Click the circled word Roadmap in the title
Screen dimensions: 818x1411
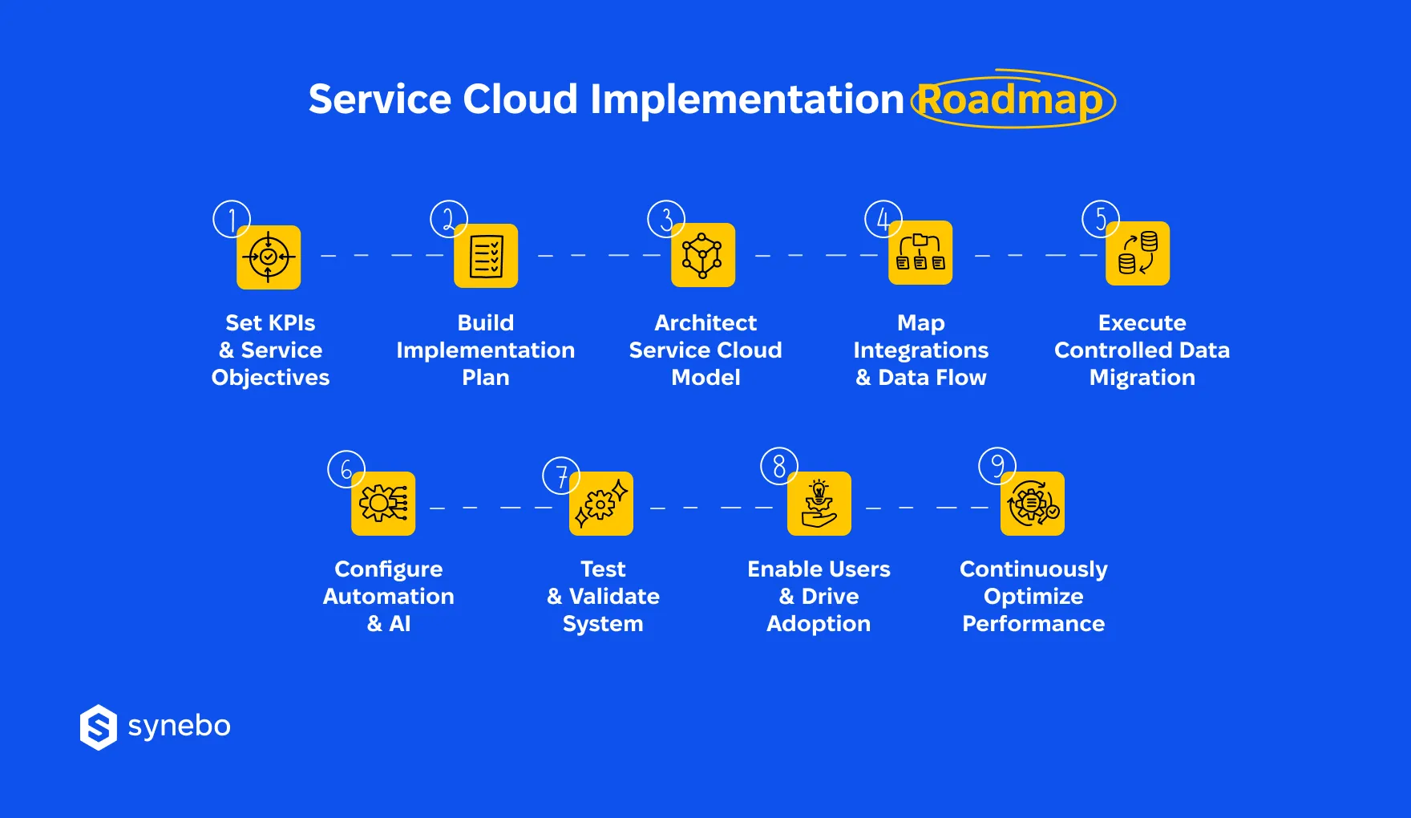click(1012, 99)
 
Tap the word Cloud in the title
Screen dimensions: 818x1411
click(520, 99)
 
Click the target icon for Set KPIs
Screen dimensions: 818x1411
click(269, 257)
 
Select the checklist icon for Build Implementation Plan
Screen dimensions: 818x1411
click(486, 256)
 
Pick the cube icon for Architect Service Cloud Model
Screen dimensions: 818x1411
click(703, 255)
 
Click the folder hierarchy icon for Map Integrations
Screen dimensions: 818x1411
click(920, 253)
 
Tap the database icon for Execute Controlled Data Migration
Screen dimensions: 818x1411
click(1138, 253)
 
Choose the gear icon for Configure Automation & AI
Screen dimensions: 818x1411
click(383, 504)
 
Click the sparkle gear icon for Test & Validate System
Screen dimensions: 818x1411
click(601, 504)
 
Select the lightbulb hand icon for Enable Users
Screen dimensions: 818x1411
click(819, 504)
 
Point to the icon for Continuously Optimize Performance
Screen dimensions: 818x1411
click(1033, 504)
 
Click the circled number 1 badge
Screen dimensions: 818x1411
click(232, 219)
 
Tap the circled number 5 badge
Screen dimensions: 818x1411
click(1101, 219)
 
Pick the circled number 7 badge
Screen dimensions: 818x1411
click(561, 476)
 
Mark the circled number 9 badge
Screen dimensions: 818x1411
click(997, 466)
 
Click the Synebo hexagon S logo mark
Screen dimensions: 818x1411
click(99, 727)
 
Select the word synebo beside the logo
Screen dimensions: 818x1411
click(179, 726)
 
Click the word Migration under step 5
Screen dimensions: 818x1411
click(1142, 378)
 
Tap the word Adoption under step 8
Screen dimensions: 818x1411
click(819, 624)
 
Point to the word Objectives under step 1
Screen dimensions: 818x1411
click(270, 378)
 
